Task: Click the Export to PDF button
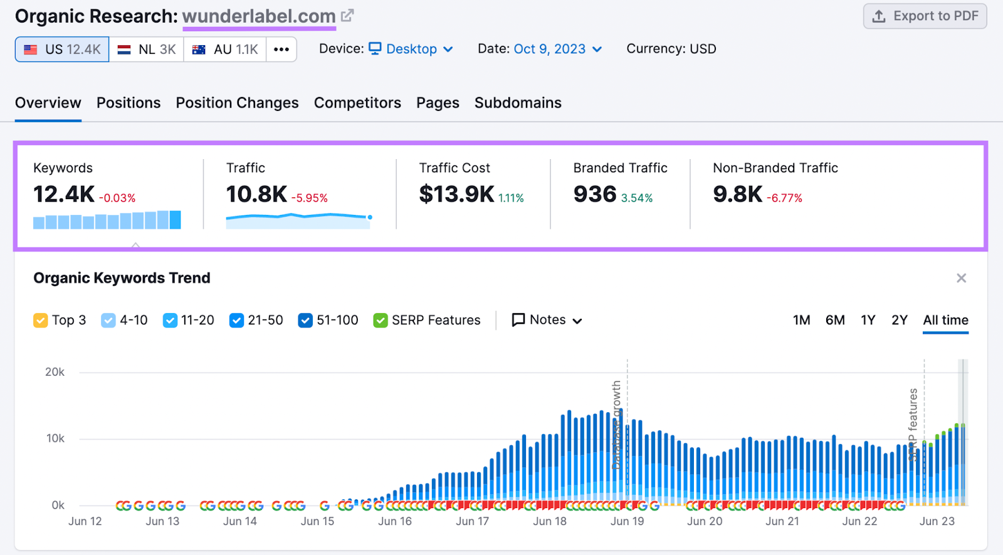click(x=925, y=16)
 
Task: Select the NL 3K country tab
click(x=147, y=49)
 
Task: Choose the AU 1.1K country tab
click(x=225, y=49)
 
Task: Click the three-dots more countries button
click(x=281, y=49)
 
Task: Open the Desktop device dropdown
click(x=411, y=49)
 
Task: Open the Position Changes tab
click(x=237, y=103)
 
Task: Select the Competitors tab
click(x=357, y=103)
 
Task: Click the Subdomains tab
click(x=518, y=103)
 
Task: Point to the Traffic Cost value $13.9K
click(x=456, y=194)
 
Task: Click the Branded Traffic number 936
click(x=595, y=194)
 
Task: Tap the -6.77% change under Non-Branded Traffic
click(x=784, y=198)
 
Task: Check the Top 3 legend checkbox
click(x=41, y=321)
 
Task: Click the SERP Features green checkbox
click(x=380, y=321)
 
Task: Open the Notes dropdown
click(x=547, y=320)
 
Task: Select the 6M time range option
click(x=834, y=320)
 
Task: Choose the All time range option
click(x=945, y=320)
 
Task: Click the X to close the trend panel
click(x=961, y=278)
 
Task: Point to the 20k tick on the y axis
click(x=55, y=372)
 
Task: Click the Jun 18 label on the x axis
click(x=550, y=521)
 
